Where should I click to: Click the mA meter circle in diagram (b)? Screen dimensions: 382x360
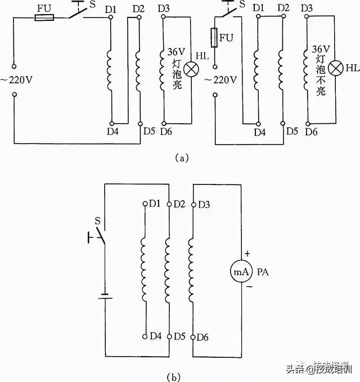[241, 271]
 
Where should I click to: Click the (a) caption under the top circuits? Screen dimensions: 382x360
[181, 159]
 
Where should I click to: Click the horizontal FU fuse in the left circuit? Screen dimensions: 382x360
[44, 17]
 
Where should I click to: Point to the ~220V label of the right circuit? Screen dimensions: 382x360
[220, 79]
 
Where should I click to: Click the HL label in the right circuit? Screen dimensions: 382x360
[353, 68]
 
